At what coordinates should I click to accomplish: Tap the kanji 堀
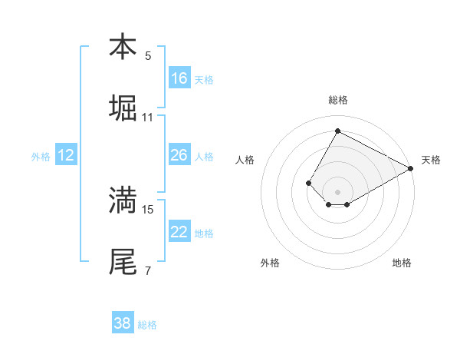point(123,108)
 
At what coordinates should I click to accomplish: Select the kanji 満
point(123,200)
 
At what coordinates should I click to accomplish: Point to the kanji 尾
point(123,261)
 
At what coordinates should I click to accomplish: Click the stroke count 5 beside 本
point(148,55)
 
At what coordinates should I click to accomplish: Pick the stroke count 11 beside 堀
point(148,118)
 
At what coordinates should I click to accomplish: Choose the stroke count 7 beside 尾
point(148,270)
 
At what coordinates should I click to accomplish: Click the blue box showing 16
point(179,78)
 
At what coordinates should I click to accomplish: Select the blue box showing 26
point(179,155)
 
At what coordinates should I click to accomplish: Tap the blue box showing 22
point(179,232)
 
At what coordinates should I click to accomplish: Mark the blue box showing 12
point(66,155)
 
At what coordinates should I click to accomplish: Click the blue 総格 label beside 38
point(147,325)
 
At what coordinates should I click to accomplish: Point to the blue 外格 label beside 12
point(41,157)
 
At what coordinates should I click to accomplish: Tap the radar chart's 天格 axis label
point(431,160)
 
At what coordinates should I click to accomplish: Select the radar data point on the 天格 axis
point(412,169)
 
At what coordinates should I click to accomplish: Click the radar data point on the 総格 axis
point(337,131)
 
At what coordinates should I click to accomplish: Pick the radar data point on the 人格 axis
point(308,183)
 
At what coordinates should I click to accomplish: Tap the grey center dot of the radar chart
point(337,191)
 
